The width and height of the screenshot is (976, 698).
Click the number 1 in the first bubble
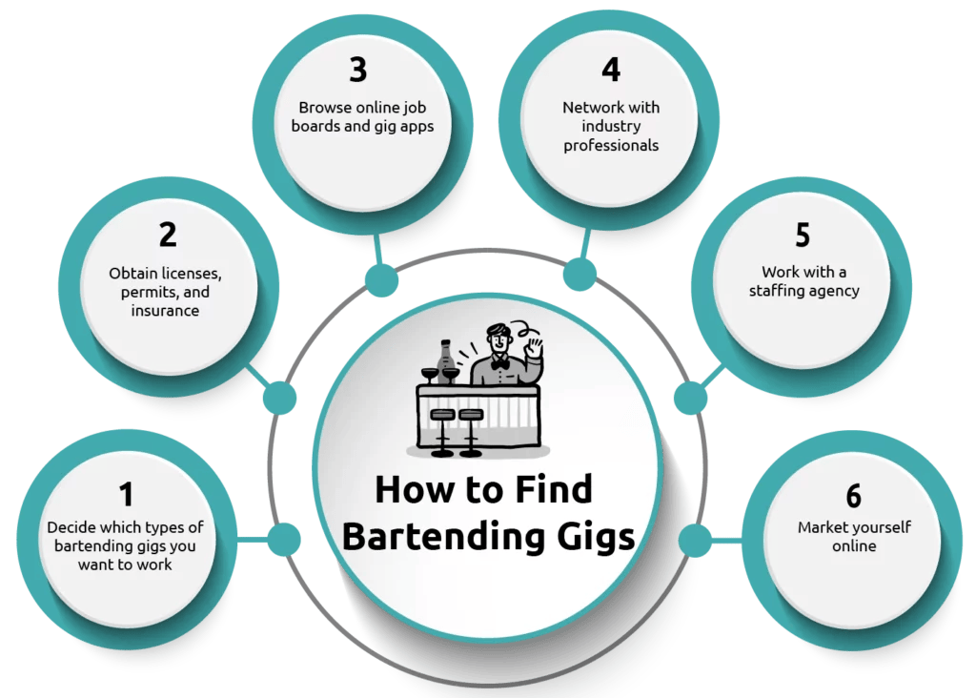coord(126,494)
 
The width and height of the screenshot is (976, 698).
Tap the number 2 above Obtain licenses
coord(167,235)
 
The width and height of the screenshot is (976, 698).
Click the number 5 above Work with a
coord(803,235)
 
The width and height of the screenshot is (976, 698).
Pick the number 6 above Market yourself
coord(853,496)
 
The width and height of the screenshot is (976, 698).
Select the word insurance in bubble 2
coord(165,311)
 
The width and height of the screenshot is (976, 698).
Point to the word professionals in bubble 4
coord(610,146)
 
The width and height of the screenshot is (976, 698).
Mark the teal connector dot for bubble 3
coord(381,280)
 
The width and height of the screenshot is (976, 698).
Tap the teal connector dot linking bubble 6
coord(694,541)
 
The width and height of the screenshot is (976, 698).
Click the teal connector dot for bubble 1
coord(283,541)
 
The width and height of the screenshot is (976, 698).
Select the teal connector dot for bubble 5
coord(688,397)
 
